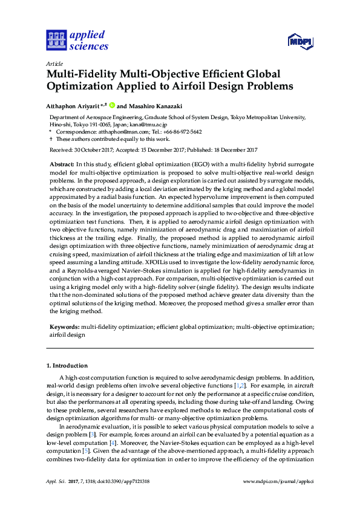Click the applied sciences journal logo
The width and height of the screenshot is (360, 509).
pyautogui.click(x=77, y=41)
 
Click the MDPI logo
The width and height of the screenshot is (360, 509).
pyautogui.click(x=299, y=42)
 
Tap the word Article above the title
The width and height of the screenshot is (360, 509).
pyautogui.click(x=54, y=63)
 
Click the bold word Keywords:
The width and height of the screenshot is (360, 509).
pyautogui.click(x=65, y=326)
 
